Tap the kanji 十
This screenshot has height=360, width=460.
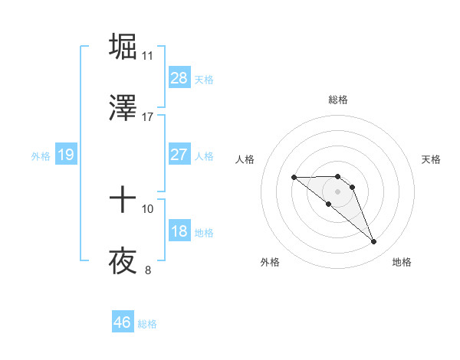[123, 201]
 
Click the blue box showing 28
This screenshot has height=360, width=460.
[179, 78]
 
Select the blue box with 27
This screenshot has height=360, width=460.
[179, 155]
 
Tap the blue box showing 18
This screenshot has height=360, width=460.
[179, 231]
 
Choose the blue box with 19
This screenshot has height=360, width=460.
[66, 155]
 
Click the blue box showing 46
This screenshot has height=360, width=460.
[123, 322]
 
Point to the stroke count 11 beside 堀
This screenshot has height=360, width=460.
[148, 56]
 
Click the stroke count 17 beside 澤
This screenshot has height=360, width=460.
[148, 117]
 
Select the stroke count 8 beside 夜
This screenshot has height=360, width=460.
[148, 270]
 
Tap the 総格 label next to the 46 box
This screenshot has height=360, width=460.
[147, 324]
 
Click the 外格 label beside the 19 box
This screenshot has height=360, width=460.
[41, 156]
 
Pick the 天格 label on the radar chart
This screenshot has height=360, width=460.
[431, 159]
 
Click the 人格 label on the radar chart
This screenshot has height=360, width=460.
[245, 159]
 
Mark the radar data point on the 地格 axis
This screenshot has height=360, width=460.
[373, 242]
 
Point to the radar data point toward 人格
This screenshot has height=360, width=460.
[294, 177]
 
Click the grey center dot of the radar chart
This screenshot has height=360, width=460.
[337, 191]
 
